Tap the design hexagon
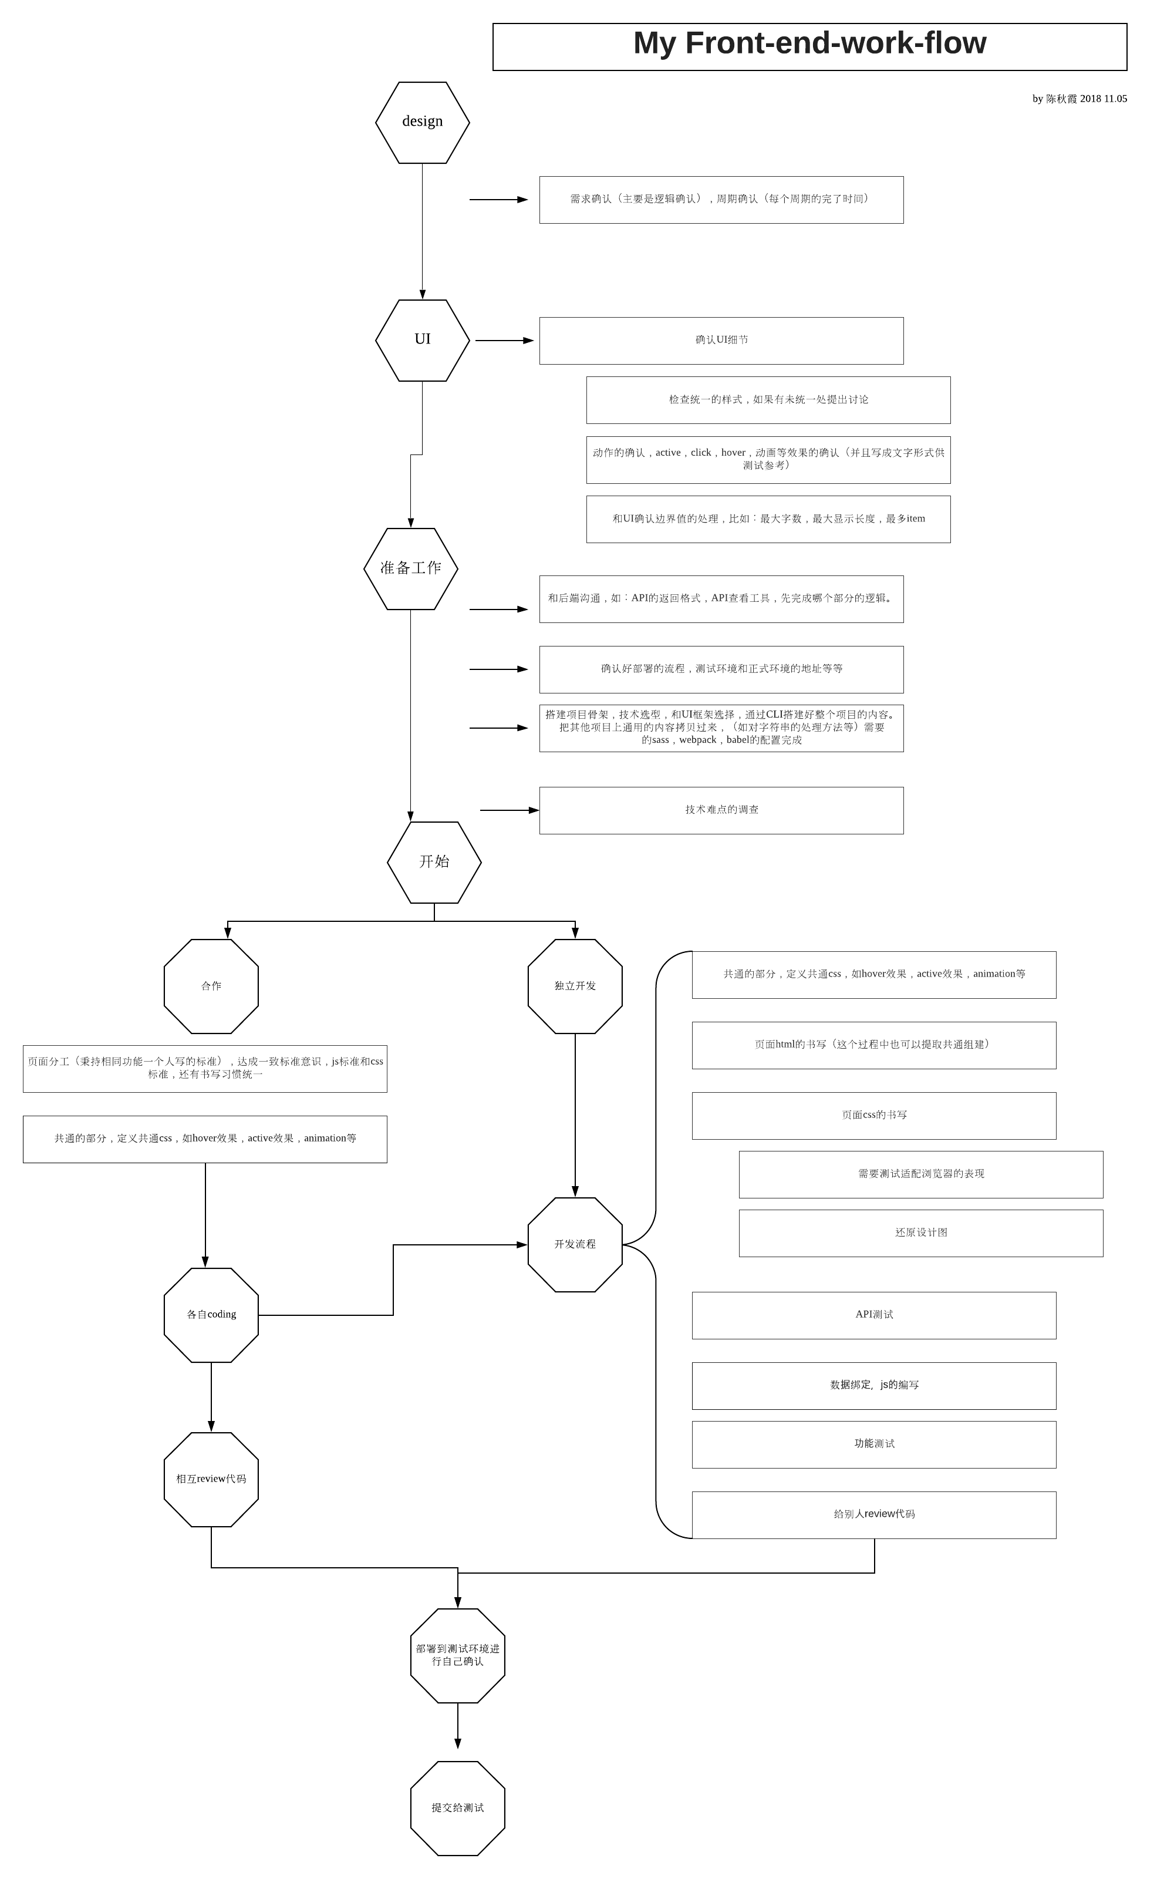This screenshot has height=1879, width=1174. (423, 122)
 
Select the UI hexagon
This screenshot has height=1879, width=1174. (423, 340)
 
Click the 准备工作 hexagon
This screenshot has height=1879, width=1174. (411, 568)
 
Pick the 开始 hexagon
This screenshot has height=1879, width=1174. (434, 862)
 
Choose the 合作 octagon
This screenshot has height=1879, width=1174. (211, 986)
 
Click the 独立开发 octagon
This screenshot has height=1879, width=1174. (575, 986)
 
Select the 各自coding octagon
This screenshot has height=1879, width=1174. (211, 1315)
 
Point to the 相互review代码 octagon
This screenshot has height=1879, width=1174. (211, 1479)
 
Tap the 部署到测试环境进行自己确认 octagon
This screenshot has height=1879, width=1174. (457, 1655)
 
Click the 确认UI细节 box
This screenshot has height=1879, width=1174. (721, 340)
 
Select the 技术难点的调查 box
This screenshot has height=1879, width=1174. (721, 810)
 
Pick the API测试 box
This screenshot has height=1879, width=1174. (873, 1315)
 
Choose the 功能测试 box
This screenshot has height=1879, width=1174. (873, 1444)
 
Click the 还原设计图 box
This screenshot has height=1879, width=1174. (921, 1233)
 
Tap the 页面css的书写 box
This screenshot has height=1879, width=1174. (873, 1116)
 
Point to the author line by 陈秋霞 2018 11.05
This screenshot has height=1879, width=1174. (1079, 99)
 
